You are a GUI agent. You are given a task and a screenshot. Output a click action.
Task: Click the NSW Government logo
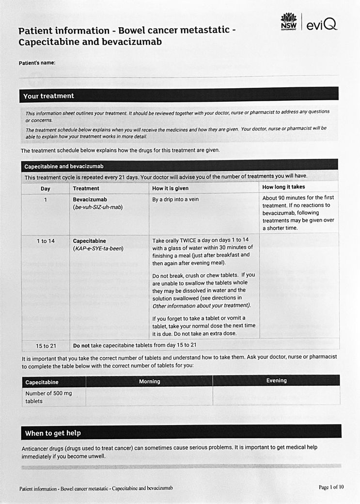click(x=288, y=22)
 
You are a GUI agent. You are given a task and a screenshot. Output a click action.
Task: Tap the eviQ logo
click(x=322, y=23)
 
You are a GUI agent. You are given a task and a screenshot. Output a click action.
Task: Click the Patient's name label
click(x=37, y=63)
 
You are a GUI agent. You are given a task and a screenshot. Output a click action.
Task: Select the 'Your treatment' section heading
click(x=48, y=96)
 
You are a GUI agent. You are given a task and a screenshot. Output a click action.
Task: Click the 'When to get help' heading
click(x=53, y=433)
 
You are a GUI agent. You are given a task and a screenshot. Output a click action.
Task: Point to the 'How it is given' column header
click(x=170, y=188)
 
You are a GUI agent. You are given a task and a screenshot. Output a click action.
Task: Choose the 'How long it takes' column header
click(x=283, y=187)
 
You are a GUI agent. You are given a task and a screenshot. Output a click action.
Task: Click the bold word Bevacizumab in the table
click(x=90, y=200)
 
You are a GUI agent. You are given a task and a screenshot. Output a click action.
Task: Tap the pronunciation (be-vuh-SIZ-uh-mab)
click(x=97, y=207)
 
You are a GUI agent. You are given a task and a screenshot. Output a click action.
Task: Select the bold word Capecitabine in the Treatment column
click(x=89, y=241)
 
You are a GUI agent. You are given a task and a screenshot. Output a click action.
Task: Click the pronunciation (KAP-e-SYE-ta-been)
click(x=99, y=249)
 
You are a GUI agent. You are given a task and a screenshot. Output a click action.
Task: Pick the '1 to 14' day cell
click(x=45, y=241)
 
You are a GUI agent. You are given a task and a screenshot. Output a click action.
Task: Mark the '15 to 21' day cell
click(x=46, y=346)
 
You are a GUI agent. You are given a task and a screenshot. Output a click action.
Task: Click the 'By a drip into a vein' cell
click(x=175, y=200)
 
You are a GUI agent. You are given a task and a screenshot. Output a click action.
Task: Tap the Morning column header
click(x=149, y=381)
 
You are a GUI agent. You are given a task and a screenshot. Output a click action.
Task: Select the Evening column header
click(x=276, y=380)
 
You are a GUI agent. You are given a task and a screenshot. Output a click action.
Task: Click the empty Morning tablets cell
click(x=149, y=396)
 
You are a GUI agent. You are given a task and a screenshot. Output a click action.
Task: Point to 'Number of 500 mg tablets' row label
click(x=48, y=397)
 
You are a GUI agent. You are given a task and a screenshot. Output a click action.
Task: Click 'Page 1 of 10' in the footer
click(x=331, y=487)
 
